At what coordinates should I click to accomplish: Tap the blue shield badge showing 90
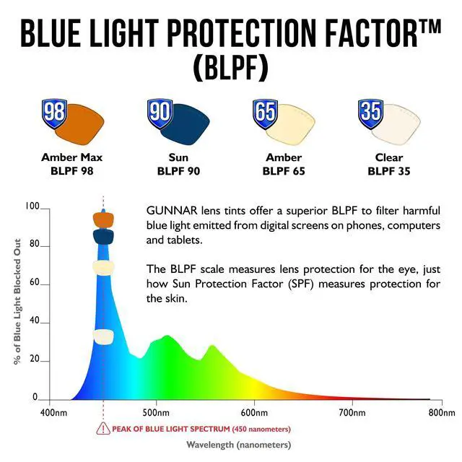(159, 113)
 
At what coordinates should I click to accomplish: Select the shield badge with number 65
(265, 113)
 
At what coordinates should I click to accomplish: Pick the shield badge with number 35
(370, 113)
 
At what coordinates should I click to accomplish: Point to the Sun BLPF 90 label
(178, 164)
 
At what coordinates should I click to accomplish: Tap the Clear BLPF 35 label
(389, 164)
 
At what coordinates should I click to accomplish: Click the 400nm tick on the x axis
(54, 413)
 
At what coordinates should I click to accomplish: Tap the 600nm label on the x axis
(255, 413)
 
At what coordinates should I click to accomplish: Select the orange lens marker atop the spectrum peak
(104, 219)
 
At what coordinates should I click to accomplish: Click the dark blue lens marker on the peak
(104, 236)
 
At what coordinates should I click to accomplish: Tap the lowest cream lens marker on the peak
(103, 336)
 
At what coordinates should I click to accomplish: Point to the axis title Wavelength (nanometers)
(238, 445)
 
